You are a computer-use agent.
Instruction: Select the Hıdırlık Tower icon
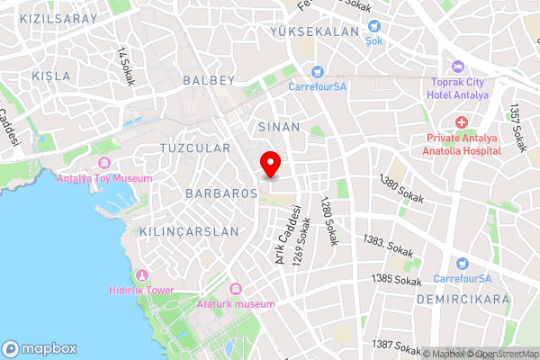click(140, 274)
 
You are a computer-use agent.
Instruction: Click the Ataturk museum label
click(235, 304)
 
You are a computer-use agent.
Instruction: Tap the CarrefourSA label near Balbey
click(318, 87)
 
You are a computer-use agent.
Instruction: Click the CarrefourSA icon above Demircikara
click(463, 264)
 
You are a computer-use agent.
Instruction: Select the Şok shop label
click(373, 40)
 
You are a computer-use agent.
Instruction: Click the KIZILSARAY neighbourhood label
click(39, 18)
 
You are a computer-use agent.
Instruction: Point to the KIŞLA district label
click(50, 76)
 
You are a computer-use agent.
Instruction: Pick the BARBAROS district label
click(216, 193)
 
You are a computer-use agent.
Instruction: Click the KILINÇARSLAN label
click(189, 231)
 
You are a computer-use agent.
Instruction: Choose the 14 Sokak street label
click(125, 66)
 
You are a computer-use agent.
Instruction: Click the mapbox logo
click(40, 348)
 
